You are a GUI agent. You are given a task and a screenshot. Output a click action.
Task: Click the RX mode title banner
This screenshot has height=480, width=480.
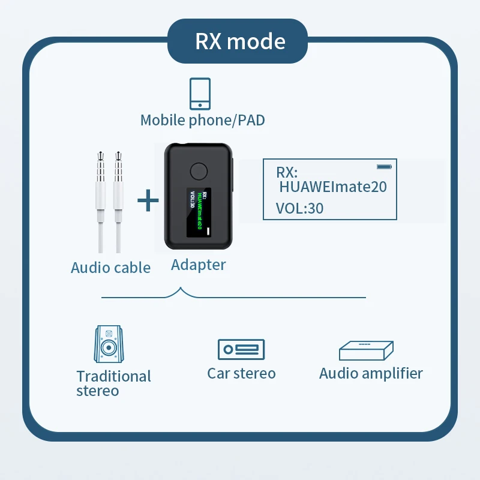(240, 41)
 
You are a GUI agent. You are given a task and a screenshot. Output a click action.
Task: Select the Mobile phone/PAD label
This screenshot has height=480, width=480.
(202, 120)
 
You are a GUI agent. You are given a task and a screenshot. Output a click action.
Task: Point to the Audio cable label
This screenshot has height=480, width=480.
(110, 268)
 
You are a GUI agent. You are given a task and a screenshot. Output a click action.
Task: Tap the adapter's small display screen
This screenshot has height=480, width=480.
(199, 213)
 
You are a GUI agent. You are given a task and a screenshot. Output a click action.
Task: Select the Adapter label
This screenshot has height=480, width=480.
(198, 265)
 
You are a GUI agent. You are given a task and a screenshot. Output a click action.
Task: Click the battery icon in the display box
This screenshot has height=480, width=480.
(383, 166)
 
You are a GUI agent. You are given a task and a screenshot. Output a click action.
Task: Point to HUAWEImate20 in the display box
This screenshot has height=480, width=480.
(333, 187)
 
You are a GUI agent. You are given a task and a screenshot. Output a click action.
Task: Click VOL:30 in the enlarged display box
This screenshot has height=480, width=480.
(299, 208)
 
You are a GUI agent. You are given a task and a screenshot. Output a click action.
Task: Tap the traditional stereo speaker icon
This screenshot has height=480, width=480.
(109, 344)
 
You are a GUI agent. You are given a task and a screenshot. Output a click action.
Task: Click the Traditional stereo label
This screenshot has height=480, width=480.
(113, 383)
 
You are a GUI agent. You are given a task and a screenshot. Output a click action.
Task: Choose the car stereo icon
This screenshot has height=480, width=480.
(241, 349)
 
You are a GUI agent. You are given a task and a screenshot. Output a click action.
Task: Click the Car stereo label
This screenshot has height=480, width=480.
(241, 373)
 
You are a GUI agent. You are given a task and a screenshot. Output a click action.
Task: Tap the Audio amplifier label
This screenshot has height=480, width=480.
(371, 373)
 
